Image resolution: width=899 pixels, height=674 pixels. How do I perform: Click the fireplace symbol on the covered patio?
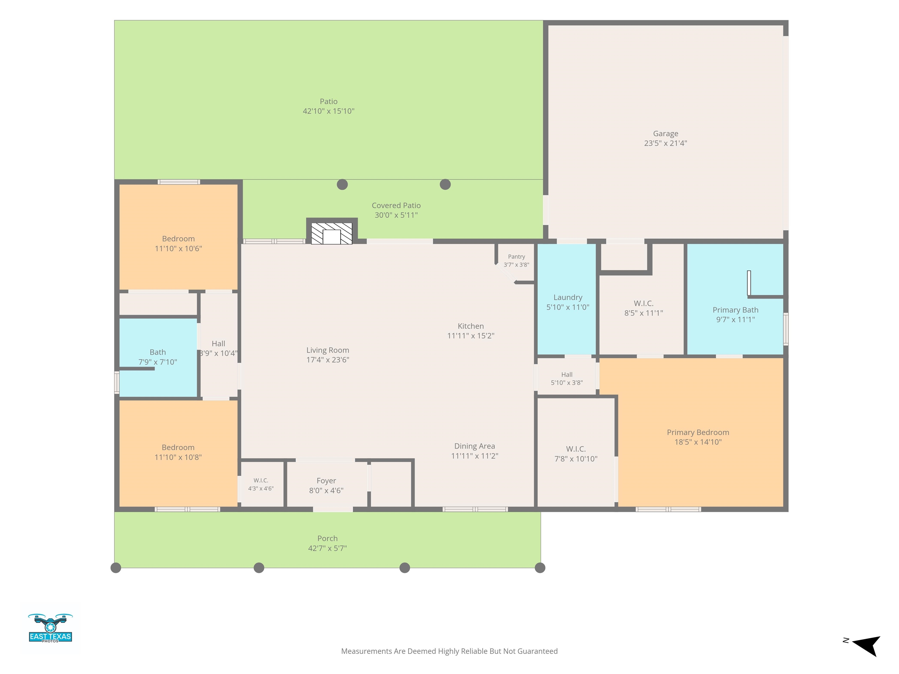pyautogui.click(x=332, y=233)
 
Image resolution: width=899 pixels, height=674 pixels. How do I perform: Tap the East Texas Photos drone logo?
pyautogui.click(x=50, y=628)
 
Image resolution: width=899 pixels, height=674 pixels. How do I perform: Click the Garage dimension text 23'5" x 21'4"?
pyautogui.click(x=665, y=143)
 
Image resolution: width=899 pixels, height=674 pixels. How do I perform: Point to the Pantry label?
pyautogui.click(x=516, y=257)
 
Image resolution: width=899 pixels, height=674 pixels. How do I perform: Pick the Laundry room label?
pyautogui.click(x=568, y=298)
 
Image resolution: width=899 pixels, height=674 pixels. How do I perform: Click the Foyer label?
pyautogui.click(x=326, y=481)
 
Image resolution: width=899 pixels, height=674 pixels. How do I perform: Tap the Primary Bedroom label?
pyautogui.click(x=698, y=433)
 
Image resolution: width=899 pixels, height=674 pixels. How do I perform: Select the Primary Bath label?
pyautogui.click(x=735, y=310)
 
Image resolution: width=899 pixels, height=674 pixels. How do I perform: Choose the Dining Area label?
pyautogui.click(x=474, y=446)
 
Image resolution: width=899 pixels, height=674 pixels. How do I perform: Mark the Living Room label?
pyautogui.click(x=327, y=350)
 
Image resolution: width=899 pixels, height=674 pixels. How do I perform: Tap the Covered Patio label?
pyautogui.click(x=396, y=206)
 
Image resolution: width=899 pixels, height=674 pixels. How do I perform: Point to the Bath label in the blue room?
pyautogui.click(x=158, y=352)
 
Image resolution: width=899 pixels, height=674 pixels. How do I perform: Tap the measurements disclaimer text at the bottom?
pyautogui.click(x=449, y=651)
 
